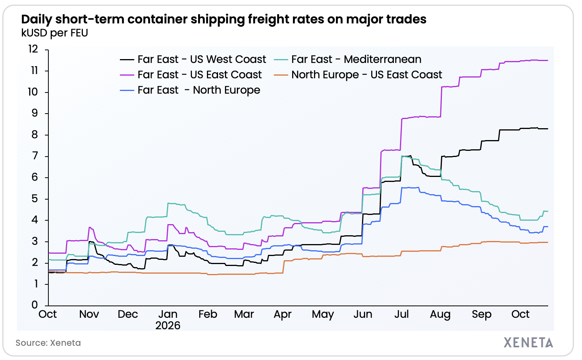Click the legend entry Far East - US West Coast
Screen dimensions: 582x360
(x=193, y=59)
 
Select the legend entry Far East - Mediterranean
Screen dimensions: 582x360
(x=348, y=59)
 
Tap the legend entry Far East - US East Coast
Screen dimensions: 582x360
(x=191, y=75)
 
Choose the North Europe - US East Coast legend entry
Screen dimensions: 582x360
(x=358, y=75)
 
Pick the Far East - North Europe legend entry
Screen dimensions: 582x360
(x=190, y=90)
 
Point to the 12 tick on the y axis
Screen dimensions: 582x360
(x=33, y=49)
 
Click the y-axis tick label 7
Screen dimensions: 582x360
(x=35, y=156)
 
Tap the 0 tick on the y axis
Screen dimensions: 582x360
(x=35, y=305)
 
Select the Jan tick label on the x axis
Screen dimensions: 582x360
(x=168, y=314)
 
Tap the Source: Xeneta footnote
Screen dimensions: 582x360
(x=48, y=343)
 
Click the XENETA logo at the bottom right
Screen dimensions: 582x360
(x=529, y=343)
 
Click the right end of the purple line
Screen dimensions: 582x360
(x=548, y=61)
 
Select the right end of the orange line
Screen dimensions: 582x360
(x=548, y=242)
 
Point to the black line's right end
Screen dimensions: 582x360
(x=548, y=129)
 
